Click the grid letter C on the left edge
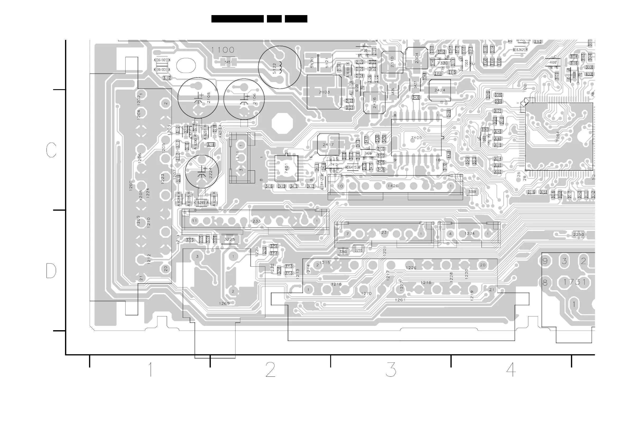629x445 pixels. (x=51, y=150)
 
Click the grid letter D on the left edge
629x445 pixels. (x=51, y=271)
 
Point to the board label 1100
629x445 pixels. (x=223, y=50)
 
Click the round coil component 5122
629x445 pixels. (x=279, y=67)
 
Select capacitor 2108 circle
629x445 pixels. (x=198, y=98)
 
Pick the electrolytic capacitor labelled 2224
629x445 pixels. (x=202, y=172)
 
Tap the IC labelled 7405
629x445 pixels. (x=417, y=138)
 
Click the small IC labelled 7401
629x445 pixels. (x=286, y=168)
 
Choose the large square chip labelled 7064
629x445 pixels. (x=559, y=137)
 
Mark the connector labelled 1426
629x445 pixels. (x=393, y=186)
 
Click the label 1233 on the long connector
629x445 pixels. (x=255, y=221)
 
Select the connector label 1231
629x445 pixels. (x=384, y=233)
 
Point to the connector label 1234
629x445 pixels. (x=469, y=234)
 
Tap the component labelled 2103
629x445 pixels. (x=324, y=92)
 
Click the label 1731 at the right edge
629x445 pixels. (x=575, y=282)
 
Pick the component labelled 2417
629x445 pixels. (x=328, y=144)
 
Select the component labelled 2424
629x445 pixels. (x=440, y=90)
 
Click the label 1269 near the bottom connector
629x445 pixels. (x=224, y=303)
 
